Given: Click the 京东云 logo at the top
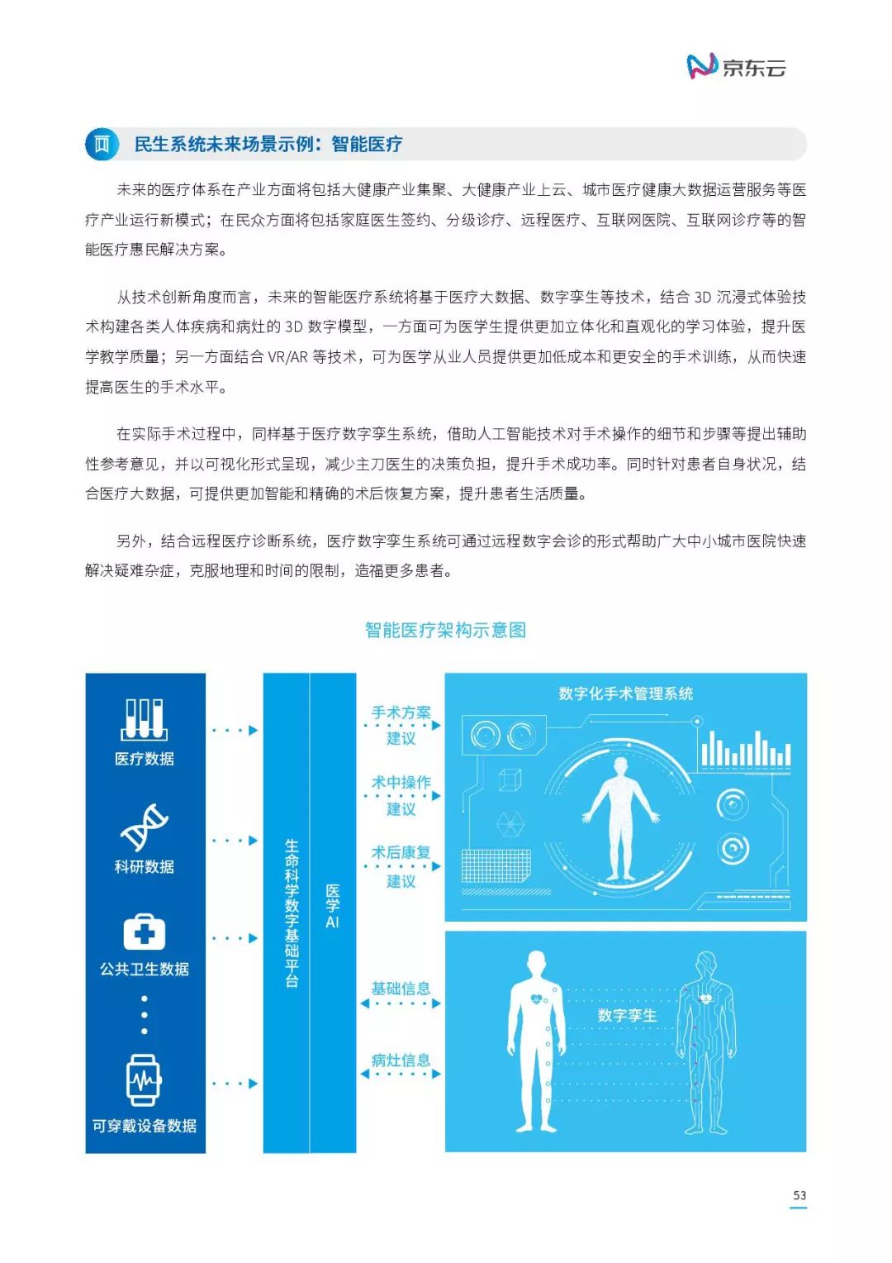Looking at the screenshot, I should tap(735, 66).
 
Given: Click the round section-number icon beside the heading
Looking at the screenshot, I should tap(102, 145).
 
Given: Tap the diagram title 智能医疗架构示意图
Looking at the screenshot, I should tap(445, 630).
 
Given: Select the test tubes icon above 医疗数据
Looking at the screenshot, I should tap(145, 719).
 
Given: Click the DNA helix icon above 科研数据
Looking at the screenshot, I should tap(145, 827).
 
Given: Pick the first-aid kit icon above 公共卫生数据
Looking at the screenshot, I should tap(145, 933).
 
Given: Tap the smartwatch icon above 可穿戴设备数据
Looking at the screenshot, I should tap(144, 1080).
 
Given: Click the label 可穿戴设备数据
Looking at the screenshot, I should tap(145, 1126).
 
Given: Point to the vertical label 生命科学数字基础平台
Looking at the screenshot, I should tap(292, 913).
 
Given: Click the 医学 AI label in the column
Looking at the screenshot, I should tap(333, 906).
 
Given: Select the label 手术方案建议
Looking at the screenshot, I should tap(401, 725).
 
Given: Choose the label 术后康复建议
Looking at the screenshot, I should tap(401, 866).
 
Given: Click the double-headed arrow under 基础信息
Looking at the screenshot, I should tap(401, 1003).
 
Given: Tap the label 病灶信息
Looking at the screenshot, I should tap(401, 1060).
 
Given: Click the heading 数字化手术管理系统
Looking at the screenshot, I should tap(625, 693).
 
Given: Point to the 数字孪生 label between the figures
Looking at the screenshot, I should tap(627, 1015).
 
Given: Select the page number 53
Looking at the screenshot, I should tap(799, 1195).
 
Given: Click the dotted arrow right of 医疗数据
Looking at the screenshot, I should tap(235, 730).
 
